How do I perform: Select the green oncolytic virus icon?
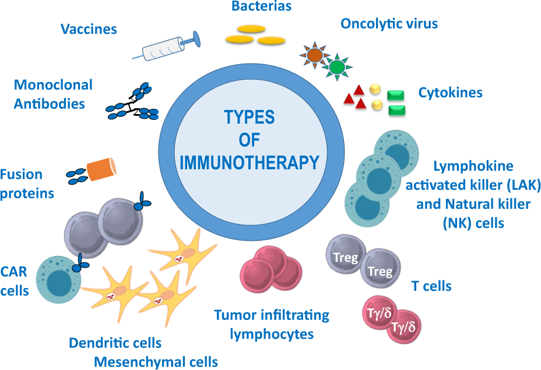pos(337,66)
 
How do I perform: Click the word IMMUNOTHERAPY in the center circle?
pos(250,161)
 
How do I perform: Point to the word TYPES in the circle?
pos(250,117)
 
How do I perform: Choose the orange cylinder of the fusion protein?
pos(101,169)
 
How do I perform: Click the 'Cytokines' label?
pos(450,92)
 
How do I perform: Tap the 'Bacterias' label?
pos(253,7)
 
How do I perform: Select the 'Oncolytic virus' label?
pos(389,24)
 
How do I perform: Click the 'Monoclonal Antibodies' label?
pos(53,94)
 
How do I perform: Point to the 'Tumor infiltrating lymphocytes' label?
pos(272,325)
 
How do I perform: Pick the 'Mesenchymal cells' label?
pos(156,362)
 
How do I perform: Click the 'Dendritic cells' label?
pos(115,343)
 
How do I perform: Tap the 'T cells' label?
pos(431,286)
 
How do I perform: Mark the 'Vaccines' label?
pos(89,29)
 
